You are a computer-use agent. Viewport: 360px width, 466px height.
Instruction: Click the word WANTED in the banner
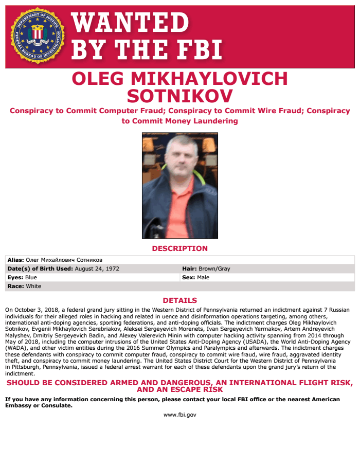coord(130,23)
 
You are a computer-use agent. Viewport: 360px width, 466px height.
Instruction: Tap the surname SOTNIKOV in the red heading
coord(179,96)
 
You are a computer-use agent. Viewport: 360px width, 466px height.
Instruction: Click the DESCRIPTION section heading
coord(179,248)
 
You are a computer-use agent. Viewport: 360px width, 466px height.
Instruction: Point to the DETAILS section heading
coord(179,300)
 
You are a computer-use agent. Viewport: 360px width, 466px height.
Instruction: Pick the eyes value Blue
coord(31,277)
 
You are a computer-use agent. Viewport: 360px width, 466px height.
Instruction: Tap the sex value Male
coord(203,277)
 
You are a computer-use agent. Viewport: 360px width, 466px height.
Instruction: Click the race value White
coord(33,286)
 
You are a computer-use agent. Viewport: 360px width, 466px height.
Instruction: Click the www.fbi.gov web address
coord(179,415)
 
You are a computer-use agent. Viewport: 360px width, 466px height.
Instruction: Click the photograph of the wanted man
coord(179,186)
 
